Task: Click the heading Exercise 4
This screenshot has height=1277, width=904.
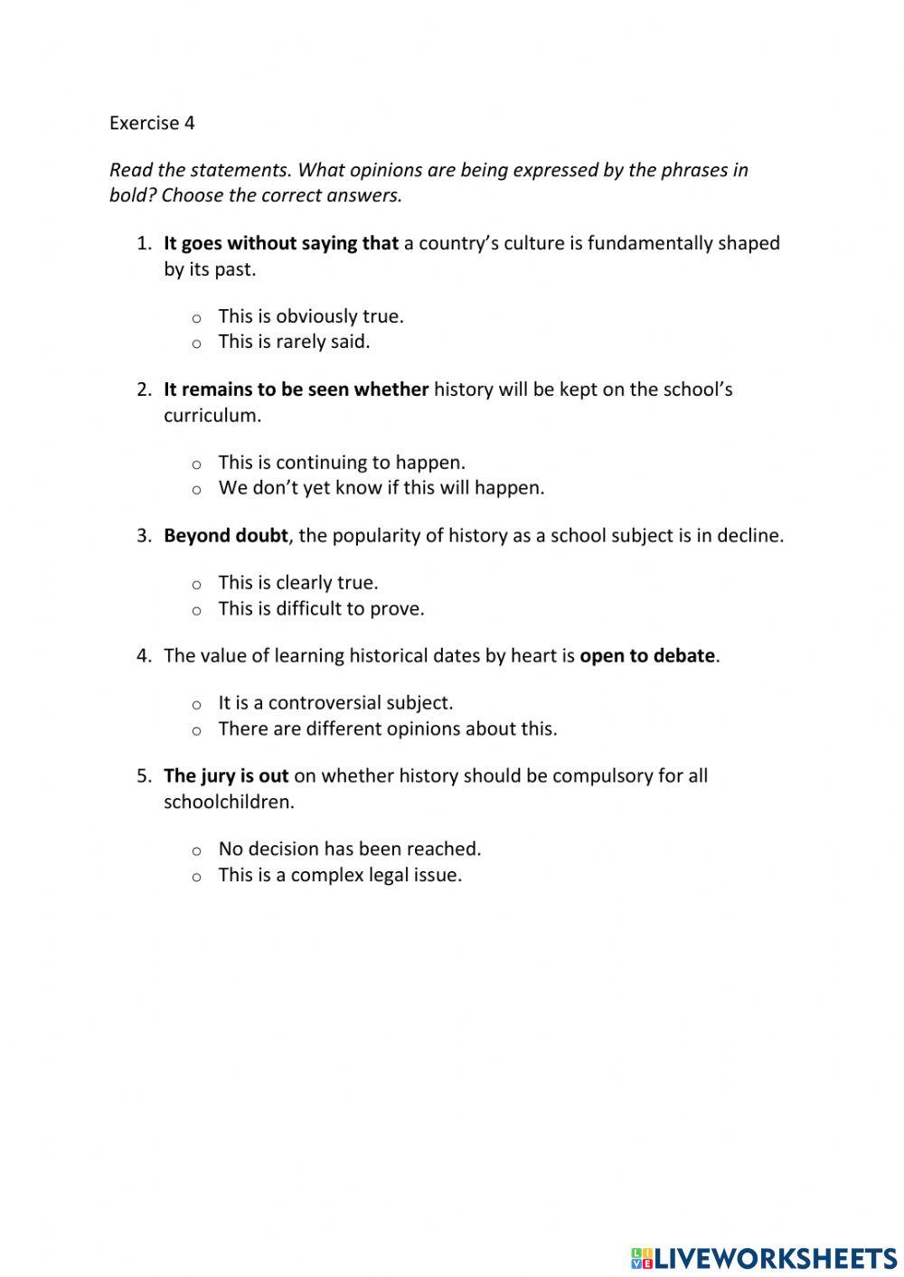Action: tap(152, 123)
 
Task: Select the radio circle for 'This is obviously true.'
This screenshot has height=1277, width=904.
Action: tap(196, 318)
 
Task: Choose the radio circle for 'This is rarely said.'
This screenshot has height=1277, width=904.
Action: tap(196, 343)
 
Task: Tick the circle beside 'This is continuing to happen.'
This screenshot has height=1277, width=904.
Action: tap(196, 465)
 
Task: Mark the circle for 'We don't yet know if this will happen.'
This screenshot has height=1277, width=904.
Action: tap(196, 490)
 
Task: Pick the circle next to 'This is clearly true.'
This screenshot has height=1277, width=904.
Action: tap(196, 585)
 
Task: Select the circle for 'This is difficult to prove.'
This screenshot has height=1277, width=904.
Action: tap(196, 611)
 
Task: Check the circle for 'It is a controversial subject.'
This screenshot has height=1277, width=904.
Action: tap(196, 705)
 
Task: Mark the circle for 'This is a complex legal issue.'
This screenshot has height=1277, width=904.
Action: tap(196, 877)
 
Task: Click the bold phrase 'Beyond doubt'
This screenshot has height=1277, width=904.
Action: tap(225, 536)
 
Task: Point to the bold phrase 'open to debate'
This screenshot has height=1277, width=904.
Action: tap(647, 656)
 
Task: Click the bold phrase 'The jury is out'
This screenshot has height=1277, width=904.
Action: tap(226, 776)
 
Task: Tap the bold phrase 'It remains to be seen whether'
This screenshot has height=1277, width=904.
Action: tap(296, 390)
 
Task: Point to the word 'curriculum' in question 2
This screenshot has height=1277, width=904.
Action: tap(211, 416)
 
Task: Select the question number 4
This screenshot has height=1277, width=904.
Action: tap(144, 656)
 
